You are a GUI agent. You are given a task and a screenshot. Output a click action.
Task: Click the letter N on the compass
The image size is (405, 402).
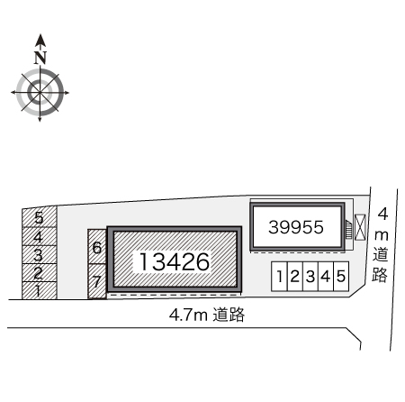pyautogui.click(x=40, y=58)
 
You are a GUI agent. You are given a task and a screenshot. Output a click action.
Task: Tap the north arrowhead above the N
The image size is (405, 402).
pyautogui.click(x=40, y=41)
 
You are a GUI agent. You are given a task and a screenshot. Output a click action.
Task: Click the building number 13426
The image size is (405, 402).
pyautogui.click(x=175, y=261)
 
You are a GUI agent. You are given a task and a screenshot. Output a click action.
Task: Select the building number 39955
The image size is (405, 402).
pyautogui.click(x=296, y=227)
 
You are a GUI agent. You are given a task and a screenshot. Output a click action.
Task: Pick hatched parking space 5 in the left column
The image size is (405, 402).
pyautogui.click(x=40, y=217)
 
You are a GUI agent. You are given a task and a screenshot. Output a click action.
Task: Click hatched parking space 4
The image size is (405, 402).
pyautogui.click(x=40, y=236)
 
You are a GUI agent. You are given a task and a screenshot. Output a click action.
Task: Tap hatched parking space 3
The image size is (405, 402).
pyautogui.click(x=40, y=255)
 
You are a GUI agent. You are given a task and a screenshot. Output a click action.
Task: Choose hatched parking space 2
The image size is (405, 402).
pyautogui.click(x=40, y=273)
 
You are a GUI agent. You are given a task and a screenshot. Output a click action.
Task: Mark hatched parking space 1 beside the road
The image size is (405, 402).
pyautogui.click(x=40, y=290)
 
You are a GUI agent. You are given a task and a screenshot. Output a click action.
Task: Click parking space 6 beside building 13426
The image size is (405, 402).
pyautogui.click(x=97, y=247)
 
